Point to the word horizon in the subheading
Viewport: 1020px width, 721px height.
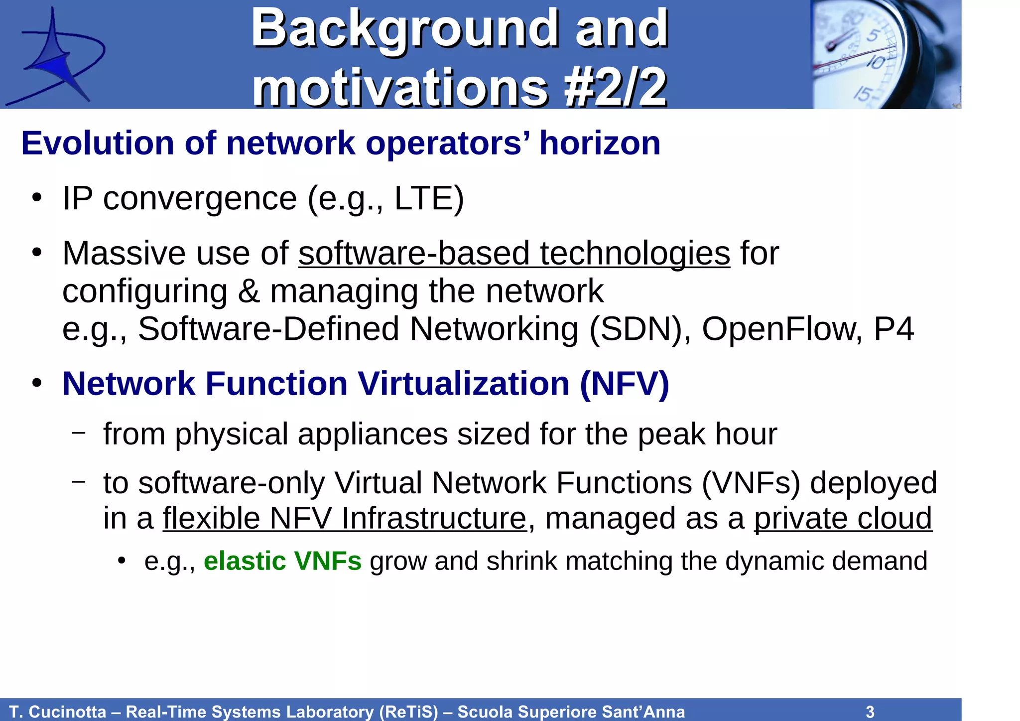pos(600,144)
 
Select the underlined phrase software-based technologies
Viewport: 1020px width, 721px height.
pos(514,253)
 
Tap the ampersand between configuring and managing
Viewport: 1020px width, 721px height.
pos(249,291)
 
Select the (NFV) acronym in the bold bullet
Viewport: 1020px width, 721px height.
pos(625,384)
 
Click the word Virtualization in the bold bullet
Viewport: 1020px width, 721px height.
pos(464,384)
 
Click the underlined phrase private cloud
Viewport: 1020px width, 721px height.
pos(843,518)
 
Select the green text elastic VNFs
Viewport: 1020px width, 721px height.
pos(282,561)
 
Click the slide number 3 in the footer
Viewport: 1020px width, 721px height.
pos(870,712)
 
